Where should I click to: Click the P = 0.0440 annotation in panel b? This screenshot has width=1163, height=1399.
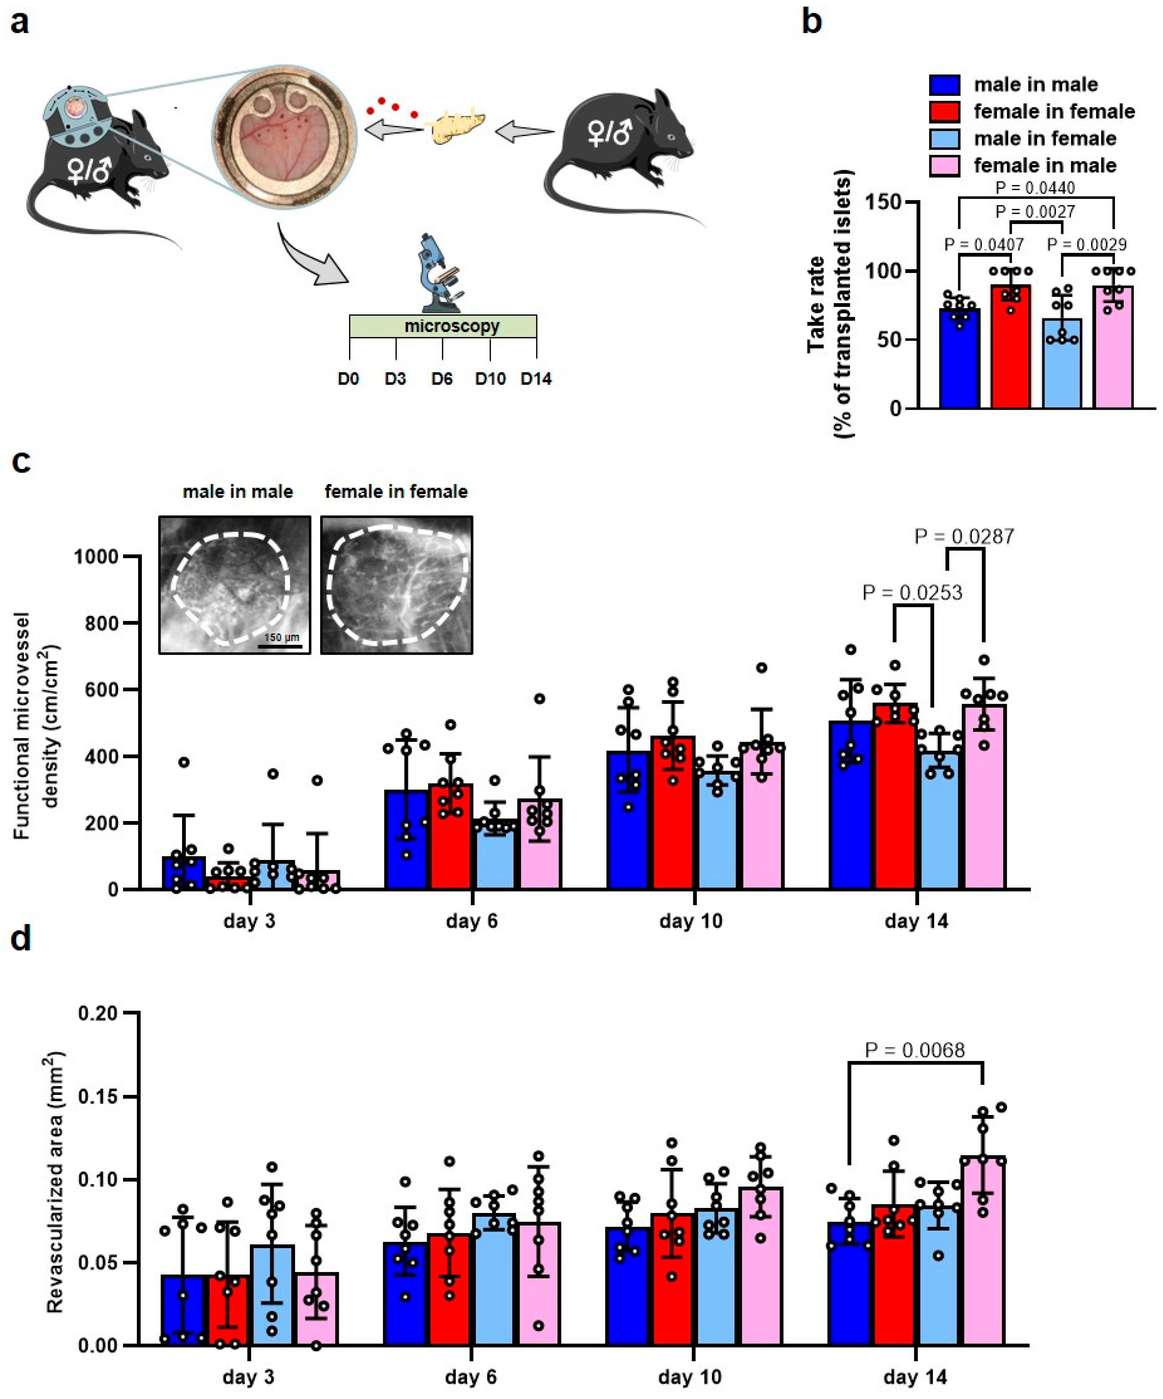tap(1035, 188)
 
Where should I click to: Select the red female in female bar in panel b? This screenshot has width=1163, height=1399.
tap(1010, 346)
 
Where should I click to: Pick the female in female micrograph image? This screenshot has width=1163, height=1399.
tap(397, 584)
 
